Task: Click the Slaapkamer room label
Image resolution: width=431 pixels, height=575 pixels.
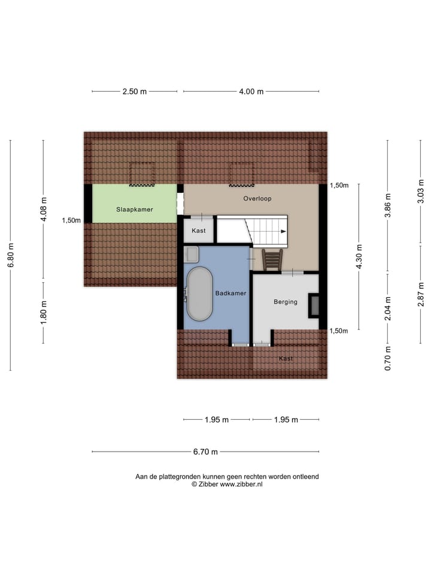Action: pos(134,210)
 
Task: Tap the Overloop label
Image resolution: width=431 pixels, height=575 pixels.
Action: pos(257,198)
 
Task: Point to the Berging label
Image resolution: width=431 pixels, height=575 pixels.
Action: pos(285,302)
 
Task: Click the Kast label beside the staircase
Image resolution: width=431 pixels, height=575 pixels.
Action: pos(198,231)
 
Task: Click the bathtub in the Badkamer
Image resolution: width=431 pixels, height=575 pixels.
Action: pos(199,293)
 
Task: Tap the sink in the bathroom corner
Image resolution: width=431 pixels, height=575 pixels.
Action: pos(192,255)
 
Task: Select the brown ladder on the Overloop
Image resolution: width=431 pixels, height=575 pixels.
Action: pos(272,260)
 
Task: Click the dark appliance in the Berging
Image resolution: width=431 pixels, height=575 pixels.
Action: pos(313,305)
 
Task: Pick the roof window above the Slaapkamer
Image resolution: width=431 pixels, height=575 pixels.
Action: pos(142,173)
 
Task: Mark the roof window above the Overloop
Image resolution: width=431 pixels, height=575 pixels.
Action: pos(241,173)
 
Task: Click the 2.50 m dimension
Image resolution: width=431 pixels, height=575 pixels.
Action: pos(134,92)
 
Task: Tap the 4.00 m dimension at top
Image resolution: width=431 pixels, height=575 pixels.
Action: pos(251,92)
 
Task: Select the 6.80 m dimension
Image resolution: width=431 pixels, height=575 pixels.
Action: pos(10,255)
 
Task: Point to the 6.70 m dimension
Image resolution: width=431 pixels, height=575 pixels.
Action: pos(205,452)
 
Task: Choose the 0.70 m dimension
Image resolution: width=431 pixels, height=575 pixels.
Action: pos(388,359)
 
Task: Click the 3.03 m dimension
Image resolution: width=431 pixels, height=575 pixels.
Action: pos(421,196)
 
